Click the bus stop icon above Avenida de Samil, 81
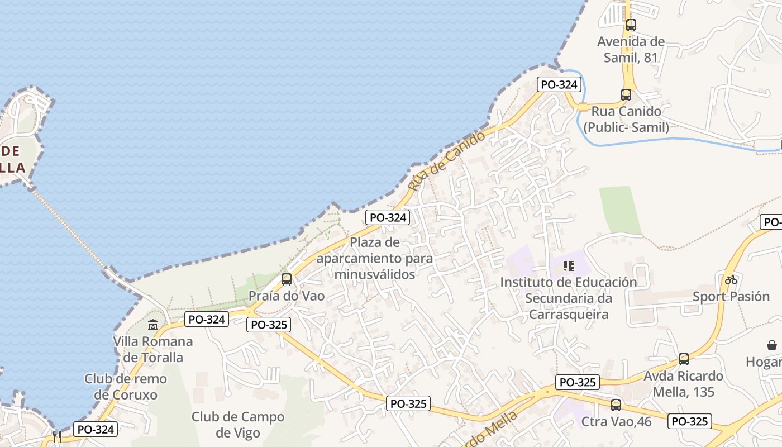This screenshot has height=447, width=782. (x=631, y=25)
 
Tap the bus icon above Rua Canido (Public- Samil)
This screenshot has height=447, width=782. (x=626, y=95)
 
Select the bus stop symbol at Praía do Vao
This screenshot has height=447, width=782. (x=287, y=279)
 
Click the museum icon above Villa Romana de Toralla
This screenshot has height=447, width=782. (x=153, y=325)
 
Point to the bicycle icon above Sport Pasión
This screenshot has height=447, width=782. (x=731, y=280)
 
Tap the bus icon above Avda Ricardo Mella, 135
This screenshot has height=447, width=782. (x=684, y=359)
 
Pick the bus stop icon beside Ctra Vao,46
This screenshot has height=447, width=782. (x=616, y=405)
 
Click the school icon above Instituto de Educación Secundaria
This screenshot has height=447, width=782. (x=569, y=266)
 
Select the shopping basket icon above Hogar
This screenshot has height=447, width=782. (x=772, y=346)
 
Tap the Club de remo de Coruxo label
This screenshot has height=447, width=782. (x=126, y=387)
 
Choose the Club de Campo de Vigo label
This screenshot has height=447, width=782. (x=238, y=425)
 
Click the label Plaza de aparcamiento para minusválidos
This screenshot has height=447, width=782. (x=375, y=258)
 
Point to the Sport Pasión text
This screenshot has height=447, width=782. (x=731, y=296)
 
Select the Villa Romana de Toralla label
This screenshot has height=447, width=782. (x=153, y=349)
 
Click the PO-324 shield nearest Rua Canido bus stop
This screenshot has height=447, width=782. (x=559, y=85)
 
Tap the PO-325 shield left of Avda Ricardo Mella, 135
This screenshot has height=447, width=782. (x=578, y=383)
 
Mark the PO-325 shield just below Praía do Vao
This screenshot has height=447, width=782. (x=269, y=325)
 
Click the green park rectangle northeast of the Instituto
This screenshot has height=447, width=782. (x=619, y=210)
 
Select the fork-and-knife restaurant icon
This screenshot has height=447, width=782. (x=57, y=436)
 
